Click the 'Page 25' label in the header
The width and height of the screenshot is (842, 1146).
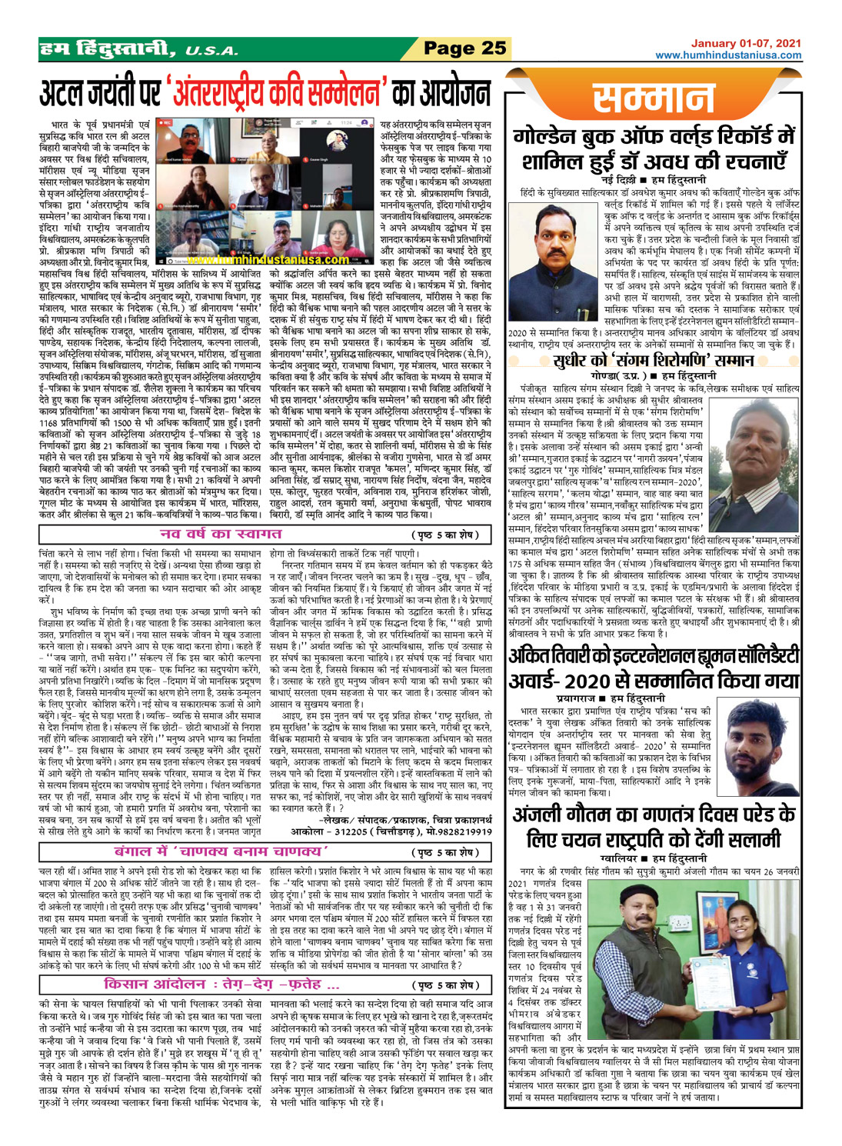pos(466,48)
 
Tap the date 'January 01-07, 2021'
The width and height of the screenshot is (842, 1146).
pos(745,44)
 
